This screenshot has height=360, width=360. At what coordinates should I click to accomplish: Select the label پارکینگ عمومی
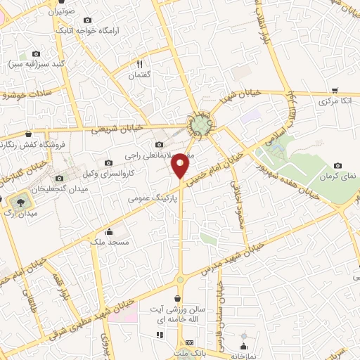(150, 199)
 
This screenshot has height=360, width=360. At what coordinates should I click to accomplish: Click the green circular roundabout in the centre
(201, 125)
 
